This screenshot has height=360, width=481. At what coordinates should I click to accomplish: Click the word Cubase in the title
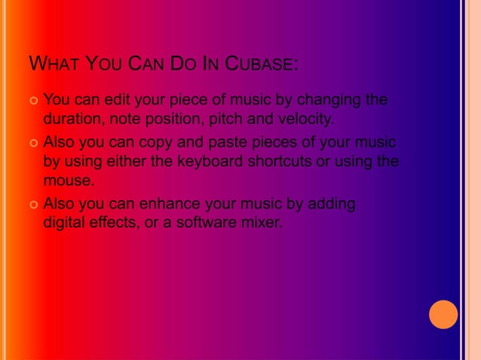[261, 63]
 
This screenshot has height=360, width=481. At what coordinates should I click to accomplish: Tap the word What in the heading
[54, 63]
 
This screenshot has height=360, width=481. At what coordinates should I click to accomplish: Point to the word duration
[72, 119]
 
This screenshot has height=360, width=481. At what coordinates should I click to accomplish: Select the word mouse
[69, 181]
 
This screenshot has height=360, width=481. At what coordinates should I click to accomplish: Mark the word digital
[64, 224]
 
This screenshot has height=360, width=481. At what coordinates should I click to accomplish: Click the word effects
[115, 224]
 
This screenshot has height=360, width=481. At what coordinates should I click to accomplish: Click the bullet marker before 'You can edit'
[33, 101]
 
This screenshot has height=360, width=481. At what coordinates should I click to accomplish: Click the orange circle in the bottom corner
[443, 315]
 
